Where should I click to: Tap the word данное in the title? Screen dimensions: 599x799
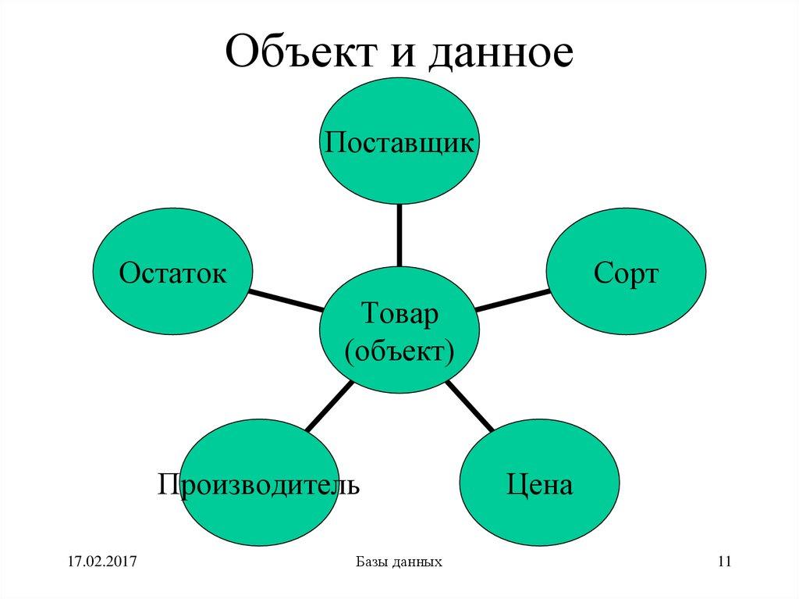click(x=498, y=53)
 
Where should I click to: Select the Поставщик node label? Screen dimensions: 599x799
click(x=399, y=143)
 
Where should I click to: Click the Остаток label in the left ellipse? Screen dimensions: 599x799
click(x=172, y=273)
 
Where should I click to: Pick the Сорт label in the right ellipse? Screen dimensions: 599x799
click(x=626, y=273)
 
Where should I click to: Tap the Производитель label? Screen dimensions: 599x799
click(x=259, y=484)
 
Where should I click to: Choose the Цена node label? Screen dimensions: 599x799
click(x=539, y=484)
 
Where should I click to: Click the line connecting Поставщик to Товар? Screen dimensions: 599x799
click(x=399, y=234)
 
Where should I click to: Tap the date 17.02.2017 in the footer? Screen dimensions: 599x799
click(x=102, y=562)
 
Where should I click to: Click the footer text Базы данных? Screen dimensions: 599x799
click(x=399, y=562)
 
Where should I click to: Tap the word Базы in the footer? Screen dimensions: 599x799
click(x=370, y=562)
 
